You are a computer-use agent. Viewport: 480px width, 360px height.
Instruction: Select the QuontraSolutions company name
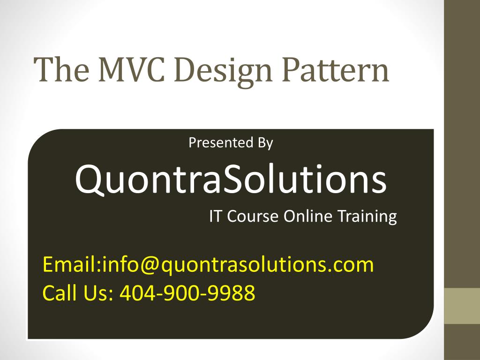pyautogui.click(x=231, y=180)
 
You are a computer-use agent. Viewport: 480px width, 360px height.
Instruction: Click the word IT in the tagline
pyautogui.click(x=215, y=217)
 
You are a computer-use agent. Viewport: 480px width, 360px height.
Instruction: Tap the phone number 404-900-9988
pyautogui.click(x=187, y=293)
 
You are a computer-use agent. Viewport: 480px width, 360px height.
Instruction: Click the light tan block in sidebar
pyautogui.click(x=462, y=306)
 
